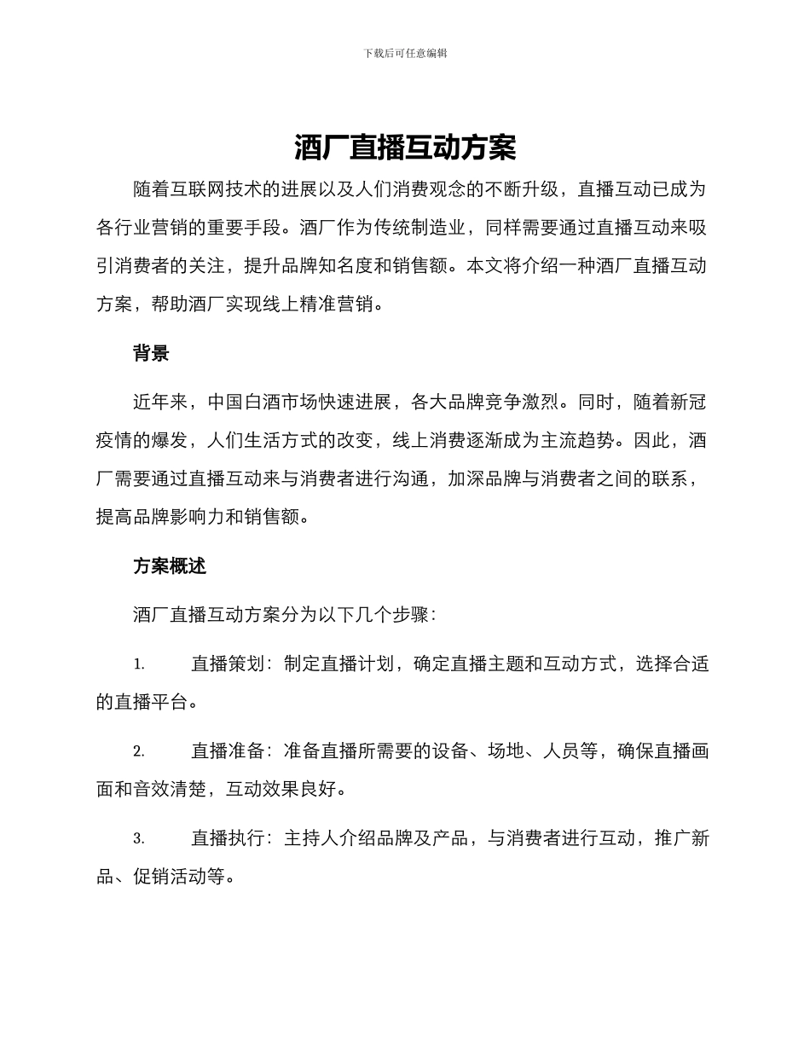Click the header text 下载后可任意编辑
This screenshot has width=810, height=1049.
click(x=405, y=53)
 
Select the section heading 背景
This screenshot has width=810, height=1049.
click(x=151, y=353)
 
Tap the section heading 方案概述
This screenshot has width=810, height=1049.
click(x=170, y=565)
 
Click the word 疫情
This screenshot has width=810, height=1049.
click(x=114, y=440)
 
